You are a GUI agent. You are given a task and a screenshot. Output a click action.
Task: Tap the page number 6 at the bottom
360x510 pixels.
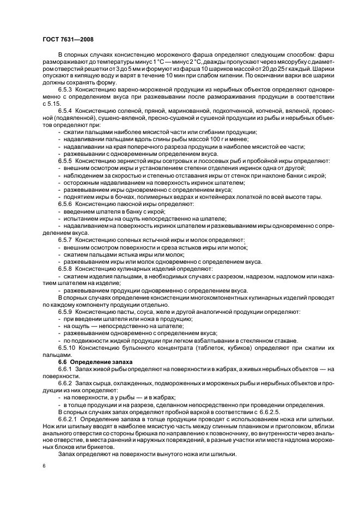point(43,466)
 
